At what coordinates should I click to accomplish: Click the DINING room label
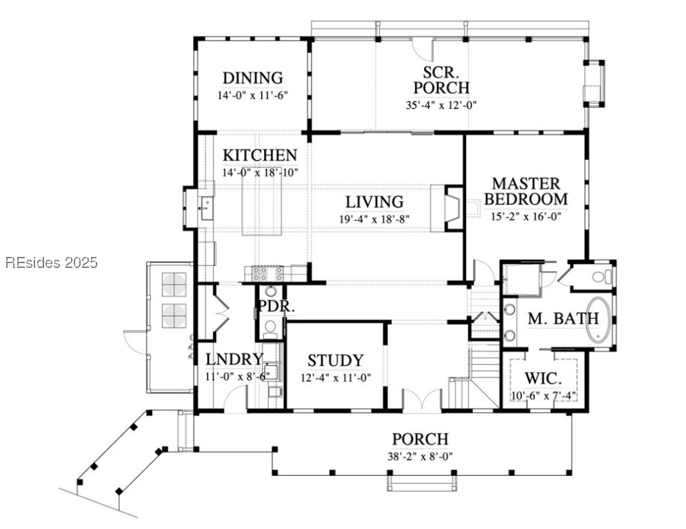pyautogui.click(x=253, y=78)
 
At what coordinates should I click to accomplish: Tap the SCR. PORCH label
pyautogui.click(x=441, y=80)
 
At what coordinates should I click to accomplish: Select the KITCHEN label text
pyautogui.click(x=260, y=155)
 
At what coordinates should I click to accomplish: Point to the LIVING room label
pyautogui.click(x=374, y=202)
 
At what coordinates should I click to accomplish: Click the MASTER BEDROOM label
pyautogui.click(x=526, y=191)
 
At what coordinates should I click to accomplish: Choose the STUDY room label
pyautogui.click(x=336, y=361)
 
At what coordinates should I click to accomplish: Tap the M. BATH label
pyautogui.click(x=563, y=319)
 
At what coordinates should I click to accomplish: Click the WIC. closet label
pyautogui.click(x=543, y=377)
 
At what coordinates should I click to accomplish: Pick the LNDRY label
pyautogui.click(x=234, y=360)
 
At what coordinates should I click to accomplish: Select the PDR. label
pyautogui.click(x=275, y=306)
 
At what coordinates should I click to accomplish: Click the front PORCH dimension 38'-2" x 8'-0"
pyautogui.click(x=420, y=457)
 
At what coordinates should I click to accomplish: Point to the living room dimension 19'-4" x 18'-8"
pyautogui.click(x=374, y=219)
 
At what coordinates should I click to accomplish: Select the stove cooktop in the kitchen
pyautogui.click(x=265, y=273)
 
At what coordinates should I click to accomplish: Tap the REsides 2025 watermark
pyautogui.click(x=52, y=262)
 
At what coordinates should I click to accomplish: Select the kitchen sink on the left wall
pyautogui.click(x=205, y=208)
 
